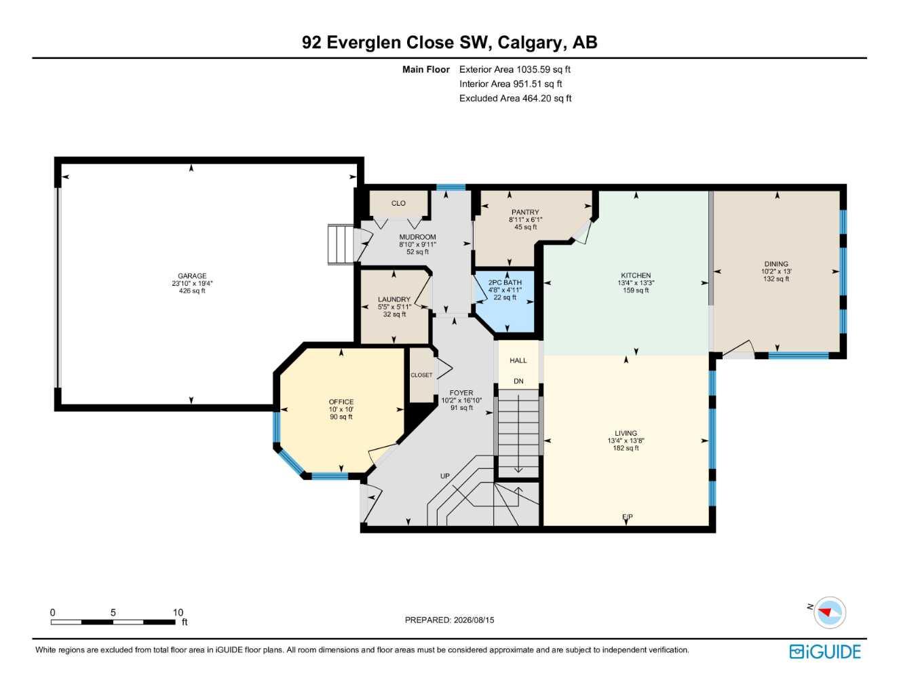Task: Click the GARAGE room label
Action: (192, 276)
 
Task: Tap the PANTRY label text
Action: (525, 212)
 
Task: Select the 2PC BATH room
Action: (505, 301)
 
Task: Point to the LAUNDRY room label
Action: (394, 299)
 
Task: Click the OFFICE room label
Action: (341, 402)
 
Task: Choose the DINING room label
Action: (776, 264)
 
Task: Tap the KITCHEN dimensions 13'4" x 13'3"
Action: (636, 283)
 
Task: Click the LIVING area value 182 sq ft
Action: (626, 448)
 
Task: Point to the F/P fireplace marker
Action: (627, 517)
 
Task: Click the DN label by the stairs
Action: (518, 381)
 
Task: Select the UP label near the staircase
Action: (444, 476)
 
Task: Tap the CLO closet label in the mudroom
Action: (398, 203)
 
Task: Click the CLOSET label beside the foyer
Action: (421, 375)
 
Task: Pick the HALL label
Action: (518, 360)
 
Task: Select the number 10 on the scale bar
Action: (178, 612)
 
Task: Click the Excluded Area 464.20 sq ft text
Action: (515, 98)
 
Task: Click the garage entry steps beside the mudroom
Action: (341, 244)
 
